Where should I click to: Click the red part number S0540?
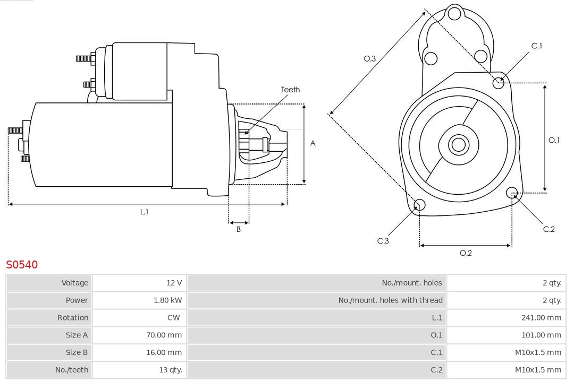click(22, 264)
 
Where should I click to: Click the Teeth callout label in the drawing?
click(290, 90)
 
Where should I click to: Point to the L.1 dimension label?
click(144, 212)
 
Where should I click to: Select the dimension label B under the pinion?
click(239, 230)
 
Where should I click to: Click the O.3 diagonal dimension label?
click(370, 59)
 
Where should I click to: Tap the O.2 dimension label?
click(466, 253)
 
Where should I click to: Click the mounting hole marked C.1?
click(499, 82)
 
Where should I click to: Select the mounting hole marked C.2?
click(512, 192)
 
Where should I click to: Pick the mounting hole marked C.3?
click(419, 205)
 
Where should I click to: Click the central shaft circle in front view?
click(458, 144)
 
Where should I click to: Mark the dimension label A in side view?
click(313, 143)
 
